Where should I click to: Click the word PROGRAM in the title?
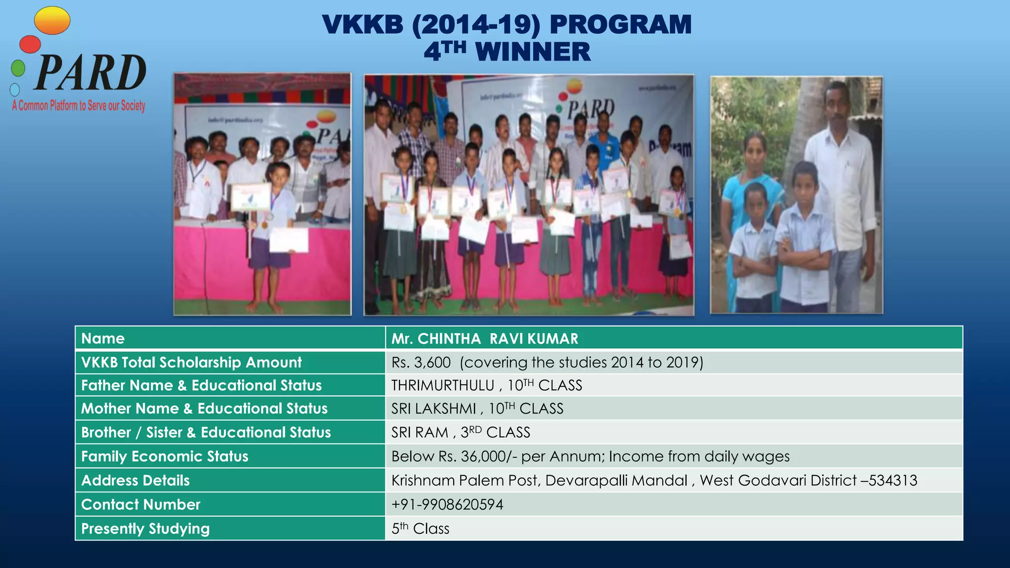pos(620,25)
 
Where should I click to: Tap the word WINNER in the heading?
pos(533,52)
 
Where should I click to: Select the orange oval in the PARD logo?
pos(52,21)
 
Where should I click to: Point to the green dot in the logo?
pos(18,68)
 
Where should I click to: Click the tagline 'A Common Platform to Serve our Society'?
pos(79,106)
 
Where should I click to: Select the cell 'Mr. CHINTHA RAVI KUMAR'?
pos(484,339)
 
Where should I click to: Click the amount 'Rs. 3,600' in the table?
pos(421,362)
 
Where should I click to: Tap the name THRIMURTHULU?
pos(442,386)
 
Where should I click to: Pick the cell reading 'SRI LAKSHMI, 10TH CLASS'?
pos(477,409)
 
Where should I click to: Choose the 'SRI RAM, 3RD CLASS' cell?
pos(460,432)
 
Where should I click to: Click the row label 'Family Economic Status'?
pos(165,457)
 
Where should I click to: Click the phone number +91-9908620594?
pos(447,504)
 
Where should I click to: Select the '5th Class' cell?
pos(420,529)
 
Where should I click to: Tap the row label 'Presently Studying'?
pos(145,529)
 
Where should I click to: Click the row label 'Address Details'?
pos(135,480)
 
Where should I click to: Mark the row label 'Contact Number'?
pos(141,504)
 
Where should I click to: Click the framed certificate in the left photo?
pos(251,197)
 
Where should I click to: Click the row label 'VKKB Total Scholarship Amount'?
pos(191,362)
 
